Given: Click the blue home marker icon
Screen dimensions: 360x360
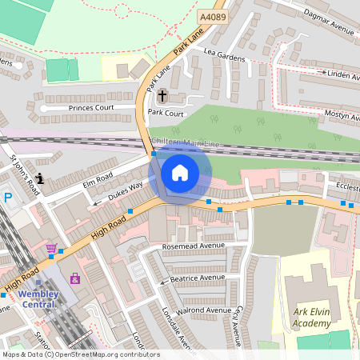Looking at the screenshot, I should point(180,173).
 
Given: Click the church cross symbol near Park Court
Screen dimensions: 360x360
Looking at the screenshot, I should point(162,96).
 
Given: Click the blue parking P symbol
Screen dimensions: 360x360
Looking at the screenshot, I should point(8,198).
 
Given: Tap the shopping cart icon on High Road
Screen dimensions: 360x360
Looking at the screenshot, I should point(52,249).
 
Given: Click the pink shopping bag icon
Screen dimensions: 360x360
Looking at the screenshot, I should point(75,278).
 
